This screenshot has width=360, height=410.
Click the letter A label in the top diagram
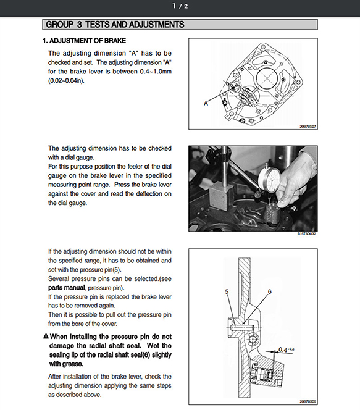(206, 104)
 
